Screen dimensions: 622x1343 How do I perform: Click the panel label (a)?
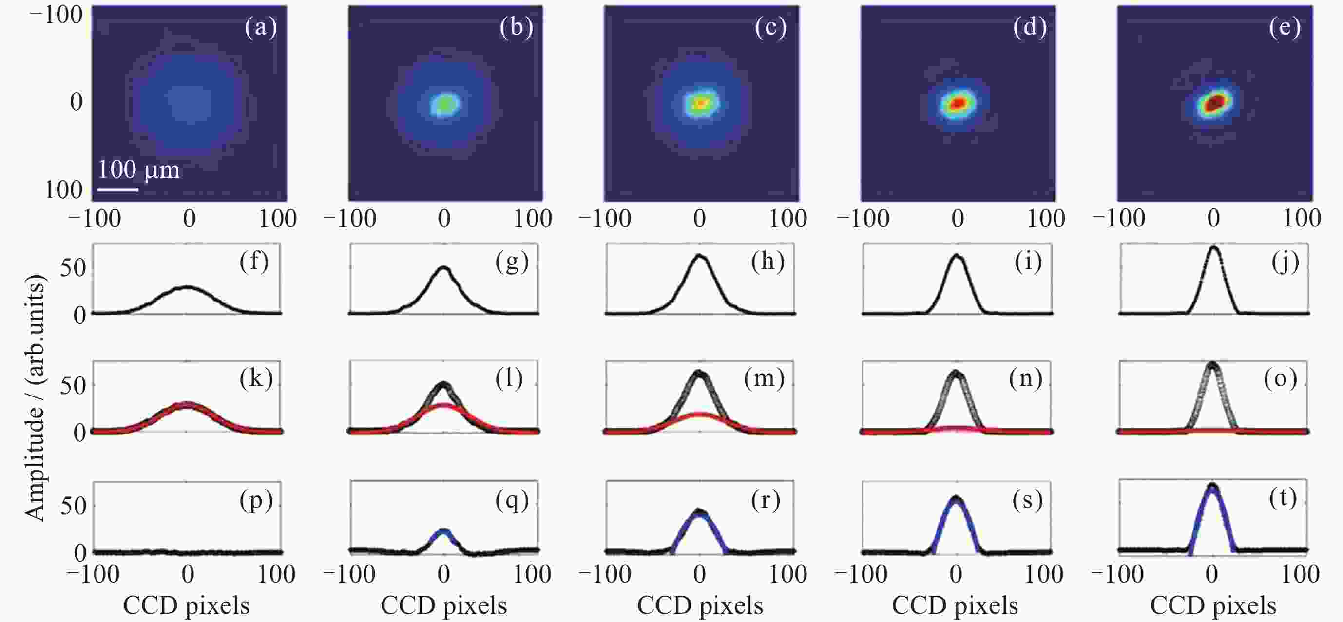tap(261, 27)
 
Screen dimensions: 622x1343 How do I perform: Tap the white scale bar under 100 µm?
tap(118, 189)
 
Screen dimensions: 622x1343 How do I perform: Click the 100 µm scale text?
tap(139, 170)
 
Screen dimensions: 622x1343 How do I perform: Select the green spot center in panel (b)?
tap(445, 104)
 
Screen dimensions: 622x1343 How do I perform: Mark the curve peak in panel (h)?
tap(700, 256)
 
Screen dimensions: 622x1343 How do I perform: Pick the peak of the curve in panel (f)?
tap(188, 286)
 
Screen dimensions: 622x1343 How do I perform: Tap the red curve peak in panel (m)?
tap(700, 414)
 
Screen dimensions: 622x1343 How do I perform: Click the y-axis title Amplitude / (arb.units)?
tap(36, 398)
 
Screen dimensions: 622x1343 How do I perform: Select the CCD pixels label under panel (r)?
tap(700, 606)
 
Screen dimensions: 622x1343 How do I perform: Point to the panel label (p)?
tap(256, 501)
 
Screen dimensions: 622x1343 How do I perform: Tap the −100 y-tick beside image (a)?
tap(56, 15)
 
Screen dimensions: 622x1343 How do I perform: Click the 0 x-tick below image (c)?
tap(700, 218)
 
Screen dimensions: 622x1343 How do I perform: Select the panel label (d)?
tap(1030, 27)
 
